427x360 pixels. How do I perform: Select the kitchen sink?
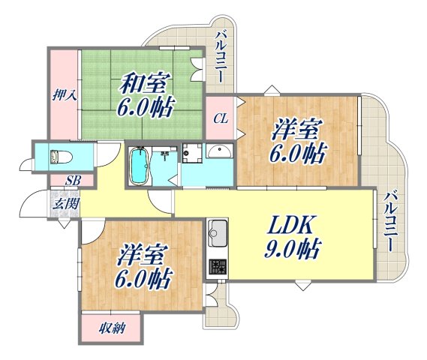click(x=216, y=234)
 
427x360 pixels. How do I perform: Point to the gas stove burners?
click(x=218, y=267)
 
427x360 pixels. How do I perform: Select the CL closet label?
click(x=221, y=118)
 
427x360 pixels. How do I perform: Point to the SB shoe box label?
click(x=72, y=180)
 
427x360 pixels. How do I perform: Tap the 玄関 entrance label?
click(x=63, y=202)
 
